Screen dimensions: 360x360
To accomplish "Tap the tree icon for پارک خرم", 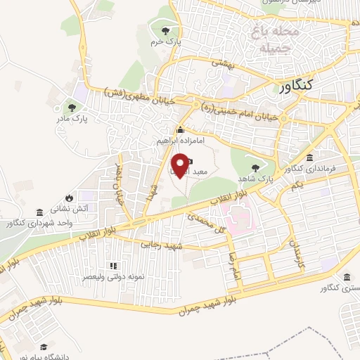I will click(165, 30).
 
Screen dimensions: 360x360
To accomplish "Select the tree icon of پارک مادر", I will click(71, 108).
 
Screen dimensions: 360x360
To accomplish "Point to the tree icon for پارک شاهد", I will click(254, 168).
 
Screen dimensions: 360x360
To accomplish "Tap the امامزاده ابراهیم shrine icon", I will click(181, 129).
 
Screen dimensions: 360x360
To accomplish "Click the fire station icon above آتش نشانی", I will click(69, 197).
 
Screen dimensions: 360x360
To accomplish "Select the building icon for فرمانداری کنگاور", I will click(310, 157).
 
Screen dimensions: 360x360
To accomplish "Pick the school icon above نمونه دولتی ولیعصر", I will click(113, 266).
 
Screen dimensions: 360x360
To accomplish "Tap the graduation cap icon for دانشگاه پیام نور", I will click(44, 347).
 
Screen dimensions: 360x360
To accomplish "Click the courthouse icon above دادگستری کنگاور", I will click(346, 277).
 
